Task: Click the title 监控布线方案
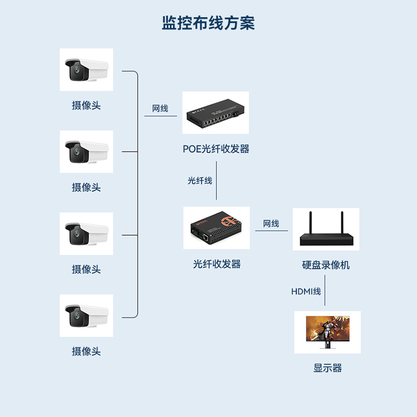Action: [x=208, y=23]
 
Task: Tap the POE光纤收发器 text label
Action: [x=216, y=149]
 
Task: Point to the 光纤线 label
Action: [x=200, y=181]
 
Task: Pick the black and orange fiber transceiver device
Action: [x=216, y=228]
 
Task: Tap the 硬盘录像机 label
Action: [x=326, y=265]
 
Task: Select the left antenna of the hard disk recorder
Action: [x=311, y=223]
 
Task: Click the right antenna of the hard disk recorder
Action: [x=342, y=223]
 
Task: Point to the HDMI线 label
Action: [x=306, y=292]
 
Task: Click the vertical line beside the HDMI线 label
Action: [x=325, y=292]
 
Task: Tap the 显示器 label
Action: [x=327, y=369]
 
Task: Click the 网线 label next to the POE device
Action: [x=160, y=109]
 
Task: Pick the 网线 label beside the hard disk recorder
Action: [x=271, y=224]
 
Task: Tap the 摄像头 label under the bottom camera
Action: [x=86, y=352]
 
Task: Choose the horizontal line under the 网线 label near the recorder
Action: [x=271, y=231]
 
